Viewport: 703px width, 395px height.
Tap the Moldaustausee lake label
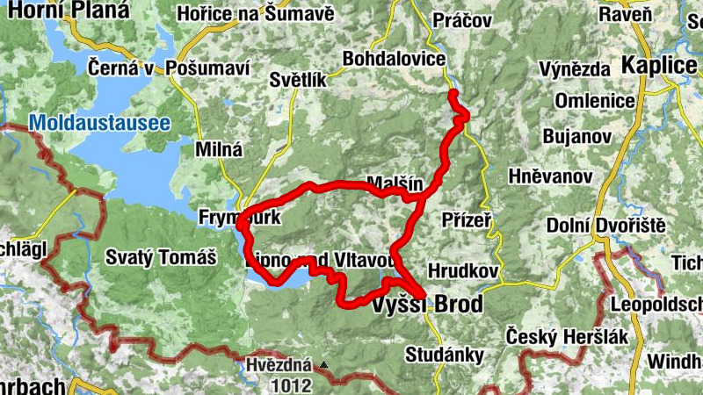(x=99, y=124)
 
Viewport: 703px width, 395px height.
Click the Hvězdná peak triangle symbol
(x=324, y=364)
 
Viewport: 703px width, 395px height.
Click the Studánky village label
(x=444, y=355)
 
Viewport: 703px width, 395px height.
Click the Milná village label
(x=218, y=149)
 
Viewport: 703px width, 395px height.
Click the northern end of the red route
(x=453, y=92)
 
